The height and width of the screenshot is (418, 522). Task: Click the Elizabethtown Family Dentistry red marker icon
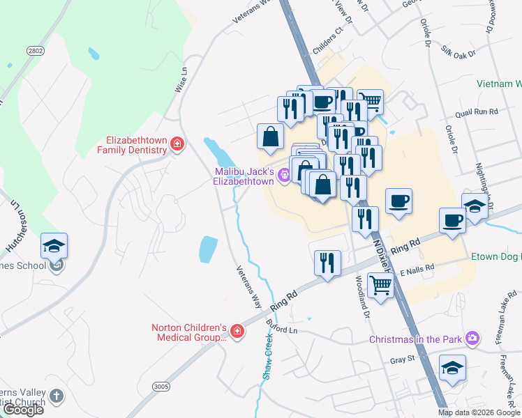tap(177, 144)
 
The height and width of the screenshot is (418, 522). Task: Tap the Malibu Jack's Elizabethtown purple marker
tap(284, 176)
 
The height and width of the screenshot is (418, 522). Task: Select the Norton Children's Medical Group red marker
tap(237, 331)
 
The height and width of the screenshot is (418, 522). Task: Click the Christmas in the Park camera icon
tap(474, 338)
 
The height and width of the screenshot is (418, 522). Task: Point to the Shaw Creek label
tap(267, 356)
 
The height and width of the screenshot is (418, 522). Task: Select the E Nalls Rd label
tap(417, 268)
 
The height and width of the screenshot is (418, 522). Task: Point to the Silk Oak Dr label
tap(458, 52)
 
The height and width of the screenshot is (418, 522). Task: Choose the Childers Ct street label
tap(329, 31)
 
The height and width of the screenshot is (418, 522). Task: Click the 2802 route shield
tap(35, 51)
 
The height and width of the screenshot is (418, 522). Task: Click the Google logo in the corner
tap(22, 410)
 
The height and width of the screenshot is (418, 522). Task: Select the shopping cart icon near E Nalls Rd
tap(380, 284)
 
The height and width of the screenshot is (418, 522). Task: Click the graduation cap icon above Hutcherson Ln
tap(54, 245)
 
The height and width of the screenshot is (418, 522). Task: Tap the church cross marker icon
tap(57, 396)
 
